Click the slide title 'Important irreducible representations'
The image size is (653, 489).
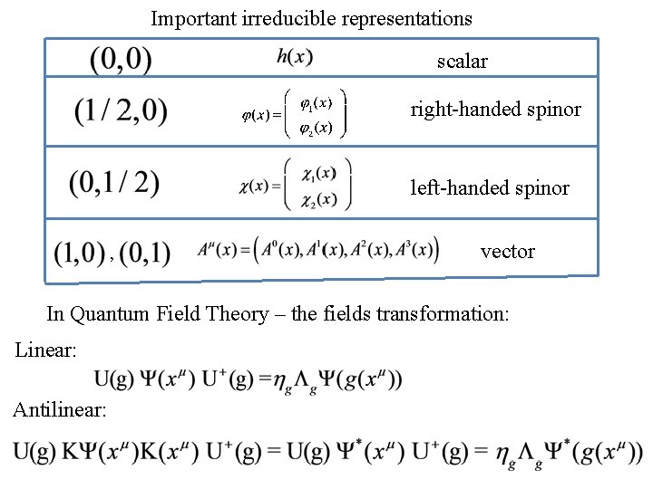pyautogui.click(x=311, y=18)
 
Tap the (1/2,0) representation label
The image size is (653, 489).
pyautogui.click(x=121, y=112)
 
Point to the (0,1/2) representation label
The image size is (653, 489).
pyautogui.click(x=114, y=183)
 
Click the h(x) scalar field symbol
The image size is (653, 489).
pyautogui.click(x=295, y=57)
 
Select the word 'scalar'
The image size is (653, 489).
pyautogui.click(x=462, y=62)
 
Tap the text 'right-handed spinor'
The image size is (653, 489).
pyautogui.click(x=495, y=110)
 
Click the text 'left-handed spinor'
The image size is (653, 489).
pyautogui.click(x=490, y=188)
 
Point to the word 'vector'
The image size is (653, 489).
pyautogui.click(x=507, y=252)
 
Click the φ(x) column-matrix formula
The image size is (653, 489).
pyautogui.click(x=293, y=112)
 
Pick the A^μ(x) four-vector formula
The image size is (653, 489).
pyautogui.click(x=317, y=250)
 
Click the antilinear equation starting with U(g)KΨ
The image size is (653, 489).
pyautogui.click(x=327, y=452)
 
